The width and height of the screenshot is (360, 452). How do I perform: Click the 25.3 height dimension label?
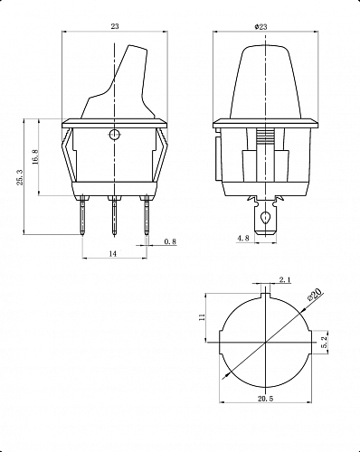20,177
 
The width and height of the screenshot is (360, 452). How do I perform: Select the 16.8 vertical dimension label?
35,156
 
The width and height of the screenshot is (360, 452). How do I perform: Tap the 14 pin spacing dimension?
112,254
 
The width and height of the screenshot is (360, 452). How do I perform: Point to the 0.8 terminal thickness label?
170,241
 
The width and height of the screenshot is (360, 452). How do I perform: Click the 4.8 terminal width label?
243,238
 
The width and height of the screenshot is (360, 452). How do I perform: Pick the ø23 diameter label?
261,27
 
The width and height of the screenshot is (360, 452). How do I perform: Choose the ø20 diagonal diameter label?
315,294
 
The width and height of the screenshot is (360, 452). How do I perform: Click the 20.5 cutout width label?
265,399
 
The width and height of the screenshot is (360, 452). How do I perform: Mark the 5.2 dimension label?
325,343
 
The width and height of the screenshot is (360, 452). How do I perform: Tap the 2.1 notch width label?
285,280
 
